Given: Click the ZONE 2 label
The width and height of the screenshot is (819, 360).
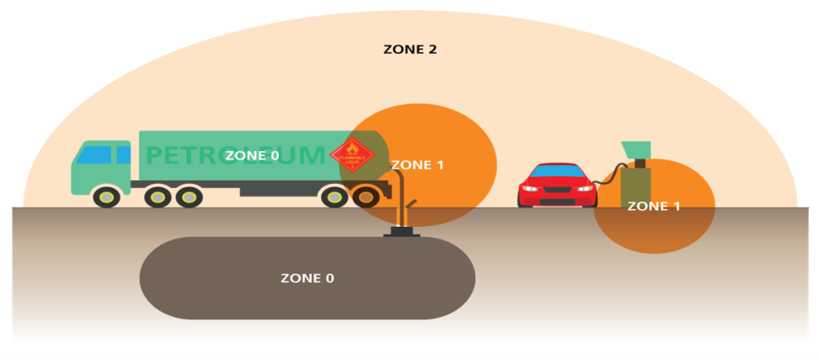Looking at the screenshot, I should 409,49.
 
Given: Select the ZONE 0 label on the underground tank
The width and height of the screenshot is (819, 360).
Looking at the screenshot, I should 307,278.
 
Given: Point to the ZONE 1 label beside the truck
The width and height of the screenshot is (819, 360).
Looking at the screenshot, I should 417,165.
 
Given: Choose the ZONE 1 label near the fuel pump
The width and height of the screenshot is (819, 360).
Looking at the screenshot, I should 654,206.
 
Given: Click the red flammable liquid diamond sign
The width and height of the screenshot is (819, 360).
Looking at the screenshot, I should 351,156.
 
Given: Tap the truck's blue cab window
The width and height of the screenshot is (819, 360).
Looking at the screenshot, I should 94,155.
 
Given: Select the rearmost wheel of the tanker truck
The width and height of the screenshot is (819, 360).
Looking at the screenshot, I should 366,196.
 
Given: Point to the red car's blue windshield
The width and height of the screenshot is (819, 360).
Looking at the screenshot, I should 557,171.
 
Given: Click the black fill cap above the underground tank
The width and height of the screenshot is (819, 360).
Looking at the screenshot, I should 402,230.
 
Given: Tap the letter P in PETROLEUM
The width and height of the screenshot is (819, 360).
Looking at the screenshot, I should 155,155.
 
